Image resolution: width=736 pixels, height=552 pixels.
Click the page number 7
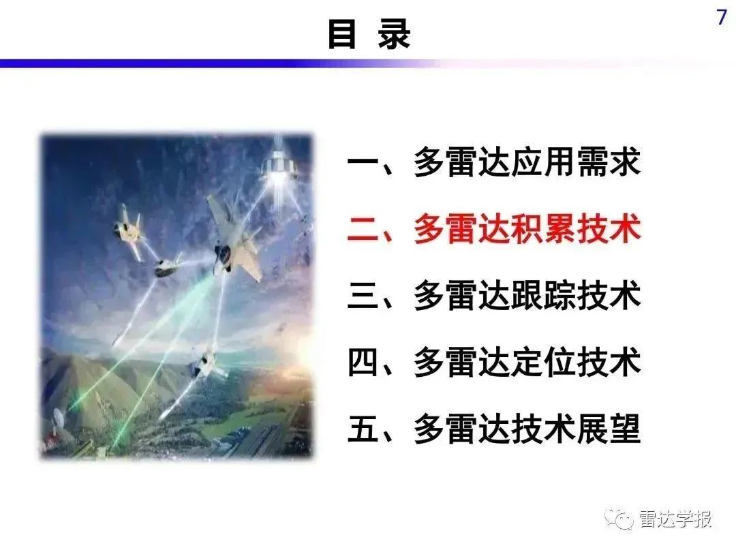click(x=722, y=17)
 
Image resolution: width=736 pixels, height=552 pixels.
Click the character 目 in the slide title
click(x=341, y=33)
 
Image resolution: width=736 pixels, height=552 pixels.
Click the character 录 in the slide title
click(x=395, y=34)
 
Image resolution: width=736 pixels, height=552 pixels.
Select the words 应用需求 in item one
click(x=575, y=162)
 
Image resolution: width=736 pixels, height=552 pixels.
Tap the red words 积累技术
click(x=575, y=229)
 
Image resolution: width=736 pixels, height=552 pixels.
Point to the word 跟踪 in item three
click(x=543, y=296)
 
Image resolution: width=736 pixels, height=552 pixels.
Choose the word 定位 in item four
click(x=543, y=363)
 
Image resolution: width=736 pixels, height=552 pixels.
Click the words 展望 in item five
click(x=609, y=429)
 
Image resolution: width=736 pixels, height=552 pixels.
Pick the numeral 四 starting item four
click(x=363, y=363)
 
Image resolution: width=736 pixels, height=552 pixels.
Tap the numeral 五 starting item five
click(x=363, y=429)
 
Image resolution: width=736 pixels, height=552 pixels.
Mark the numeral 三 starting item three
click(x=363, y=296)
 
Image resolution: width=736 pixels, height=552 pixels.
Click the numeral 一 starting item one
click(x=363, y=163)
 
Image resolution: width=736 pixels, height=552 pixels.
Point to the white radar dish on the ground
click(x=59, y=417)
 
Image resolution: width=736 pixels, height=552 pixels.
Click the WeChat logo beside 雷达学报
click(x=619, y=518)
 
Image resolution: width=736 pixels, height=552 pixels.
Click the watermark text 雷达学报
click(x=675, y=519)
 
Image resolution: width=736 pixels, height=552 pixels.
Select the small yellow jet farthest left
click(x=129, y=231)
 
